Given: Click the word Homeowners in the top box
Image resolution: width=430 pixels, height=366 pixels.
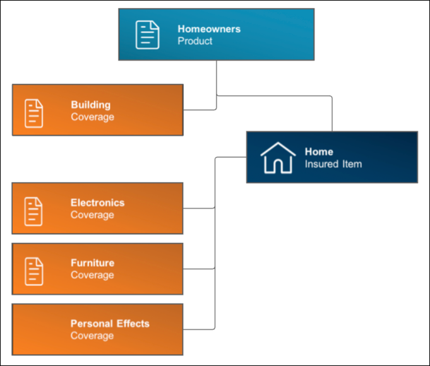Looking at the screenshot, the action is pyautogui.click(x=209, y=29).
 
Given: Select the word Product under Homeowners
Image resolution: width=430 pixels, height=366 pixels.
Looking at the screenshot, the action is pyautogui.click(x=195, y=41).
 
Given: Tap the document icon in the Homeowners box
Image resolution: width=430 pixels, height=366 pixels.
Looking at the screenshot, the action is pyautogui.click(x=148, y=35).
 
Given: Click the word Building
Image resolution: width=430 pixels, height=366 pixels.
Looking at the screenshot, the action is pyautogui.click(x=91, y=105).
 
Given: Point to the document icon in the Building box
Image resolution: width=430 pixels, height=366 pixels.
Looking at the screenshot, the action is pyautogui.click(x=34, y=113).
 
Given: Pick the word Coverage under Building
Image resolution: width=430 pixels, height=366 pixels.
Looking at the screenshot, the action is pyautogui.click(x=92, y=117).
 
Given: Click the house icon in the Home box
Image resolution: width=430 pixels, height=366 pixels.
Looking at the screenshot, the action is pyautogui.click(x=278, y=158).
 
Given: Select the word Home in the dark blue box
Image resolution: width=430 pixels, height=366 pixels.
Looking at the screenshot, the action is pyautogui.click(x=319, y=151).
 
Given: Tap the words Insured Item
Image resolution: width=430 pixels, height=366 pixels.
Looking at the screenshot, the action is pyautogui.click(x=333, y=164).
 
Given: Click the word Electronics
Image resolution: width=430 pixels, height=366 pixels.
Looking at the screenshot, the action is pyautogui.click(x=97, y=203).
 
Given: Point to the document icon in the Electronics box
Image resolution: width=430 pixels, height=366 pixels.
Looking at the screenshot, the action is pyautogui.click(x=33, y=211).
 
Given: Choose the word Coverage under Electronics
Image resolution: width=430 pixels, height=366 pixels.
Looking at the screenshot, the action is pyautogui.click(x=92, y=215).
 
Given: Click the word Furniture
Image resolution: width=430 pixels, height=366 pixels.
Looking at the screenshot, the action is pyautogui.click(x=92, y=263).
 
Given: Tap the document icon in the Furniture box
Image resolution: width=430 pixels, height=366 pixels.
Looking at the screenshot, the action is pyautogui.click(x=34, y=271).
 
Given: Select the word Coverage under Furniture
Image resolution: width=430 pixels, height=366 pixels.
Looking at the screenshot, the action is pyautogui.click(x=92, y=275).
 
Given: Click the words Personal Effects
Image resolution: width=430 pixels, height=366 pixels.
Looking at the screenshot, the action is pyautogui.click(x=110, y=324).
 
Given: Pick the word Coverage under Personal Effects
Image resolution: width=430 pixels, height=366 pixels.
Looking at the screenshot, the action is pyautogui.click(x=92, y=336).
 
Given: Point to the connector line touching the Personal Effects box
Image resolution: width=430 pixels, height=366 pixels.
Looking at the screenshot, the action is pyautogui.click(x=199, y=329).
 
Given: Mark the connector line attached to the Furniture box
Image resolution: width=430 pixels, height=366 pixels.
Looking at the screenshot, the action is pyautogui.click(x=199, y=269).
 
